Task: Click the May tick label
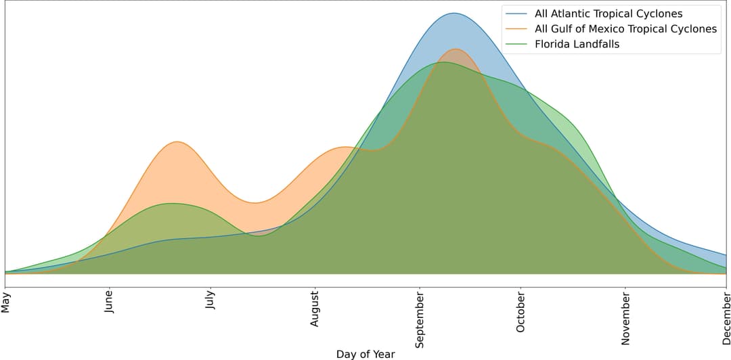[6, 302]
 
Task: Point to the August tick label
[315, 309]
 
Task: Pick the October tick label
[520, 312]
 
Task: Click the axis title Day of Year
[365, 354]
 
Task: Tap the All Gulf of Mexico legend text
[625, 29]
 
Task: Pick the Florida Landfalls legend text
[577, 45]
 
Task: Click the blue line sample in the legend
[516, 14]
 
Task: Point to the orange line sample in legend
[516, 29]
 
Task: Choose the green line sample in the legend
[516, 45]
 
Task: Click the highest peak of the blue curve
[453, 13]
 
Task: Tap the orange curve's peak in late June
[177, 141]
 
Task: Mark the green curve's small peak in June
[172, 203]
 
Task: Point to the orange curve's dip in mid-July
[255, 202]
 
